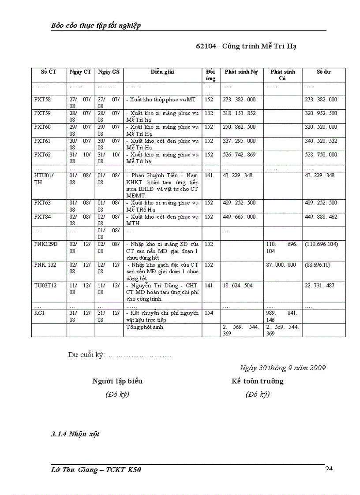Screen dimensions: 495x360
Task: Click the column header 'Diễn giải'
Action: (162, 72)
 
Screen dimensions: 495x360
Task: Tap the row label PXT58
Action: (42, 100)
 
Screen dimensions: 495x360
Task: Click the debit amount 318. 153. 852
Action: (239, 113)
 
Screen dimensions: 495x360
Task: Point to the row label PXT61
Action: (42, 141)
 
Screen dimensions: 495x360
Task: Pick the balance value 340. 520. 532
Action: (321, 141)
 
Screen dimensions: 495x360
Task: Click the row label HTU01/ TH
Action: (44, 179)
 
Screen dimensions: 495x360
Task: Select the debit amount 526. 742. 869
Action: (239, 155)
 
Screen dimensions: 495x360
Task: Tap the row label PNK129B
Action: (46, 244)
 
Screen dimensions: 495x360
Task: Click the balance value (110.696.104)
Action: (322, 244)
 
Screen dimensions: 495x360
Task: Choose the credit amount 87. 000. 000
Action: (281, 265)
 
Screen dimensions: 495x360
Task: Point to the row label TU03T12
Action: (45, 286)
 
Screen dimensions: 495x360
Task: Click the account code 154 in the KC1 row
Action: (209, 313)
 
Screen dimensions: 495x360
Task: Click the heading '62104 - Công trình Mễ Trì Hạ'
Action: (246, 46)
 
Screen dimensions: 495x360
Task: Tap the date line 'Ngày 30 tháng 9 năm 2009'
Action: (283, 368)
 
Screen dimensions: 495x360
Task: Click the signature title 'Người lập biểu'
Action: (117, 381)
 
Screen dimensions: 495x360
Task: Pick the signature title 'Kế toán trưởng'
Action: (258, 381)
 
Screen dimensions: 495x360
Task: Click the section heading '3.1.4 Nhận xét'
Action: (75, 434)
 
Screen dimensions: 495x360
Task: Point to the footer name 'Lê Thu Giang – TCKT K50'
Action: (96, 470)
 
